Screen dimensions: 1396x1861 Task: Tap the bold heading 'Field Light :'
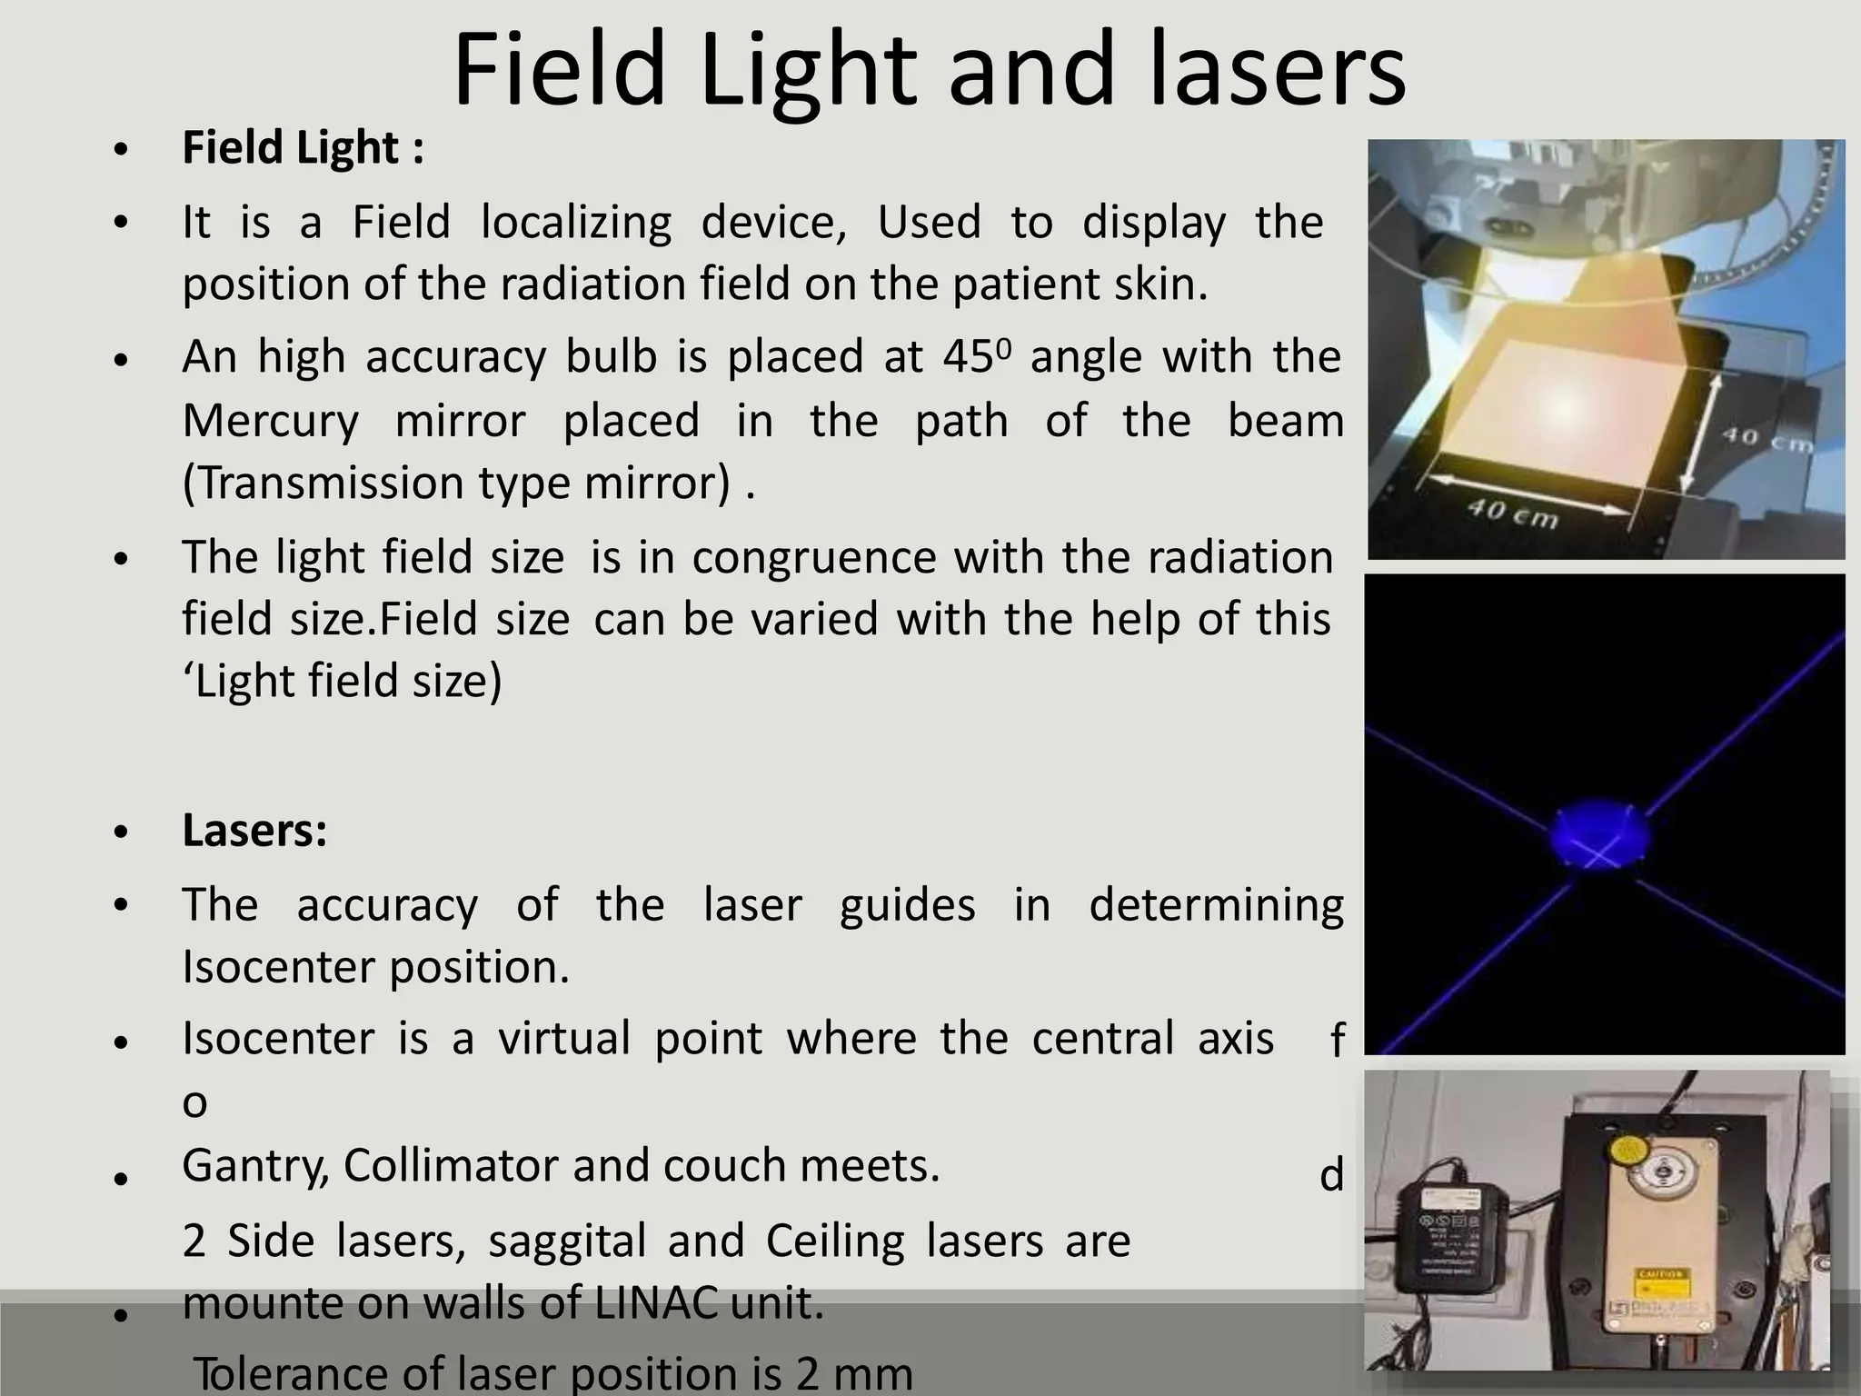tap(303, 148)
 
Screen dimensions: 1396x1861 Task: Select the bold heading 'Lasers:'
tap(254, 830)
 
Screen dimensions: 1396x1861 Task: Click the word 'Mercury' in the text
tap(270, 422)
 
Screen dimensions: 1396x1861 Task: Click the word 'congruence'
tap(813, 558)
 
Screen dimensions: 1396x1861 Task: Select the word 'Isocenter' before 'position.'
tap(279, 967)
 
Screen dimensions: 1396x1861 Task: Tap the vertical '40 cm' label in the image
tap(1766, 440)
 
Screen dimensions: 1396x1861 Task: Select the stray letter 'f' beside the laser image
tap(1337, 1041)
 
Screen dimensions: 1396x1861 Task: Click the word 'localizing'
tap(576, 223)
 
